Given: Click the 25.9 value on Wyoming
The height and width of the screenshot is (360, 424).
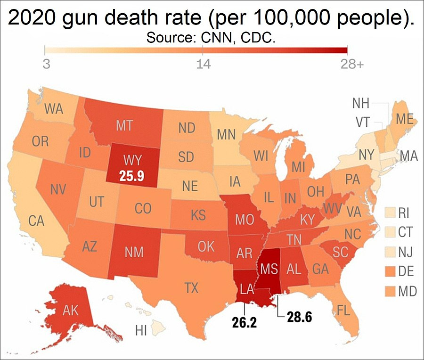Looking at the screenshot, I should [132, 177].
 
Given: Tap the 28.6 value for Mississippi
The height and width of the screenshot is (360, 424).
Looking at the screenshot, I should [300, 317].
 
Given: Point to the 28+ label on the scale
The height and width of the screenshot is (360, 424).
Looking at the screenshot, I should [351, 64].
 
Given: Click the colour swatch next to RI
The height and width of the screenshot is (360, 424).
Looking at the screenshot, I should [390, 213].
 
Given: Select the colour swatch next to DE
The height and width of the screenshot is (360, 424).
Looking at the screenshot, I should [390, 272].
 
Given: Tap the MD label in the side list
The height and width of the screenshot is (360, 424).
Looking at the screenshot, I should [407, 292].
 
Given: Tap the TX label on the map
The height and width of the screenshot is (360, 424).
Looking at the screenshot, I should [191, 287].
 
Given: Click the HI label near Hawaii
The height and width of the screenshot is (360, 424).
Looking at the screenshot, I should [141, 330].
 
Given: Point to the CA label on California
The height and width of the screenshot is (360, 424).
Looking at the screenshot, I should [36, 220].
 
